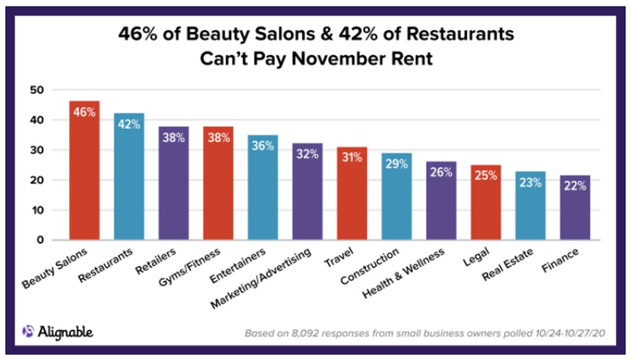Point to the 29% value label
(x=397, y=164)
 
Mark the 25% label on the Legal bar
(x=486, y=175)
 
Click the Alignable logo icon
(x=28, y=331)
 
